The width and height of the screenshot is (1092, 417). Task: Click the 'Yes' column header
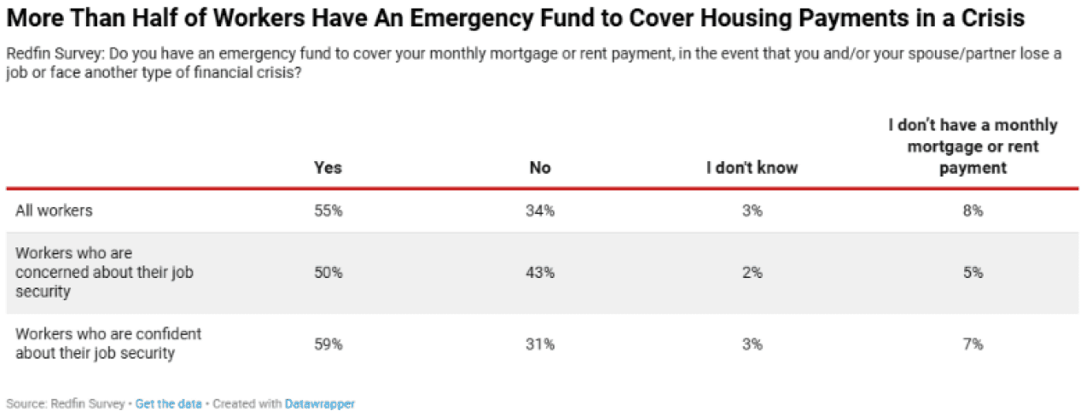tap(328, 168)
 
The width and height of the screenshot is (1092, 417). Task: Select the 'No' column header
tap(540, 168)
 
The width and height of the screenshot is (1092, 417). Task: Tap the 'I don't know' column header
tap(752, 168)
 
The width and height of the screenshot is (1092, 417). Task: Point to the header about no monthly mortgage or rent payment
tap(973, 147)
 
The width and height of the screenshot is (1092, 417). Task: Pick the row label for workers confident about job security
tap(107, 344)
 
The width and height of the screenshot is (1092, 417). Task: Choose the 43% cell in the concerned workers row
tap(540, 273)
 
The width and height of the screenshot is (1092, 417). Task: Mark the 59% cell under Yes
tap(328, 345)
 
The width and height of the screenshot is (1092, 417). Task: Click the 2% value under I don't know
tap(752, 273)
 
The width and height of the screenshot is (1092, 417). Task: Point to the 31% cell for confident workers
tap(540, 345)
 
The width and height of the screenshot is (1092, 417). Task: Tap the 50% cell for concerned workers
tap(328, 273)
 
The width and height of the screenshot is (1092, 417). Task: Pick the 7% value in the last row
tap(973, 345)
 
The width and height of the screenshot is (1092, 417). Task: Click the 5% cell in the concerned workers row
tap(973, 273)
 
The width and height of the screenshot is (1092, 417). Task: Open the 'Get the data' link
tap(168, 403)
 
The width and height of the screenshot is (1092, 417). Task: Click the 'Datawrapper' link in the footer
tap(320, 403)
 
